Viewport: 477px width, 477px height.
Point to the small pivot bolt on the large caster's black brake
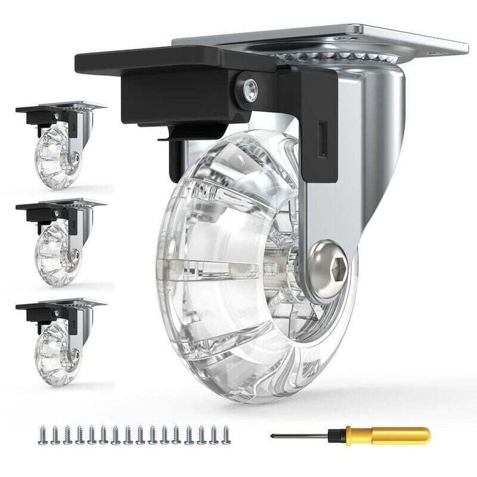point(250,89)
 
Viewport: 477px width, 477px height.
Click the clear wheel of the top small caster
point(56,156)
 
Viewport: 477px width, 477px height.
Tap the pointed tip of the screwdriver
point(274,435)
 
